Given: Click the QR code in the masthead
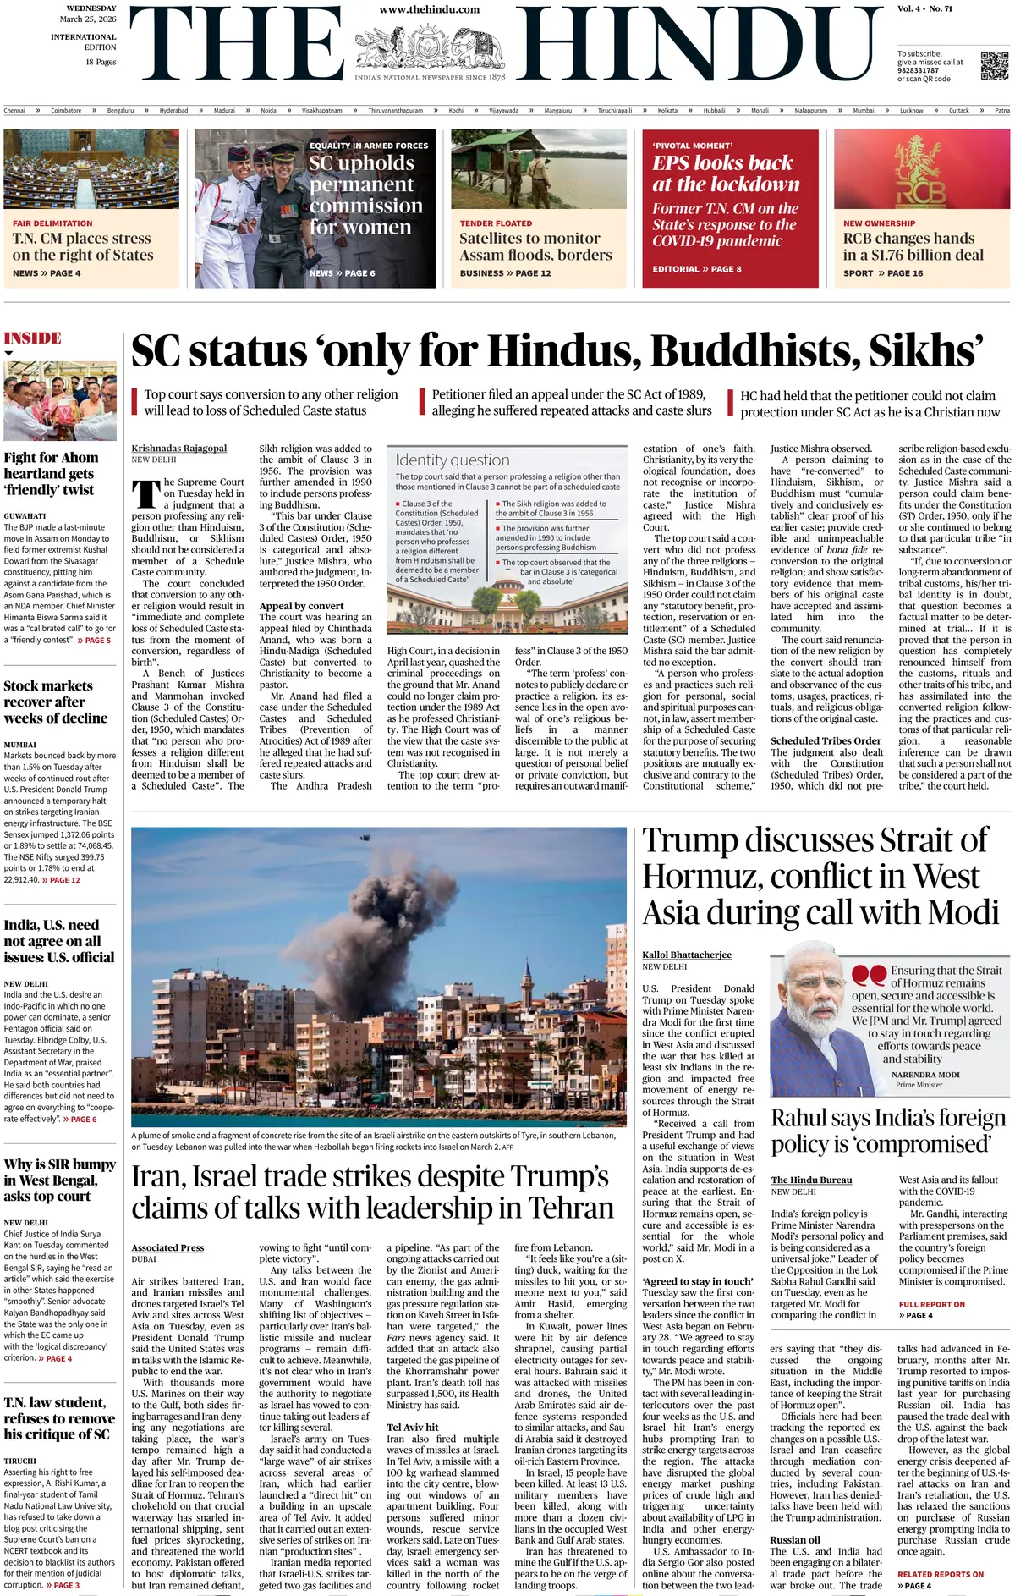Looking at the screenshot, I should pos(994,65).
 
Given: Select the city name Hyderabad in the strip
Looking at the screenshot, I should pos(173,111).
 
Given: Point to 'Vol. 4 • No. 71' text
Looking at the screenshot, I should pos(924,9).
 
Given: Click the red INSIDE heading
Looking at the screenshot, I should pos(33,338).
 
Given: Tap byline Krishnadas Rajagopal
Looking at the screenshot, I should pos(179,449).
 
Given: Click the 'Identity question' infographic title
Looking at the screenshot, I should pos(453,460).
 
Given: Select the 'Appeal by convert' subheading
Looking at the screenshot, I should pos(301,606).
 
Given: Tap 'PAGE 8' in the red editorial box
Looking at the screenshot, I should pos(726,269).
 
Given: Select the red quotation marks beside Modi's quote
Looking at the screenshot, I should pos(869,976).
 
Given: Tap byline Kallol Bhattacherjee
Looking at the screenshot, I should pos(687,955).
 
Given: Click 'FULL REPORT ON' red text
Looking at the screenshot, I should pos(931,1304).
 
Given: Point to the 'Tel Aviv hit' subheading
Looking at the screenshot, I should pos(412,1427).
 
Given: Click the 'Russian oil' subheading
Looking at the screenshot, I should pos(795,1540).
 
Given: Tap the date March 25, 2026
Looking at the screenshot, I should pos(88,19).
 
